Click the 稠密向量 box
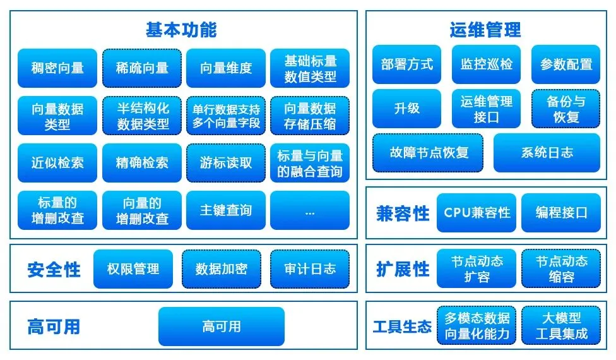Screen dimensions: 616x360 57,68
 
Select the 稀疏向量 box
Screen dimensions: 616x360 142,68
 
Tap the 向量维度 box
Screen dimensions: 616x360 226,68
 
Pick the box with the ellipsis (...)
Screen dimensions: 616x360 310,210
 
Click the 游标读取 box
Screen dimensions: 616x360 226,163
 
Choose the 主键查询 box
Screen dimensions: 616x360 226,210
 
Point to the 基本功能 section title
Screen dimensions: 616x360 181,30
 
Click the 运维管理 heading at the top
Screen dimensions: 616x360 485,30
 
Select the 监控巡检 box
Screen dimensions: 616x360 487,64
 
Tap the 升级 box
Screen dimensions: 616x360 406,109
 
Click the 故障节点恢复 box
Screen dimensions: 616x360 428,153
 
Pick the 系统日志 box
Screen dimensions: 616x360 547,153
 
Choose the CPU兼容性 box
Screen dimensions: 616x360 477,213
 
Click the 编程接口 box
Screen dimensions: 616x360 561,213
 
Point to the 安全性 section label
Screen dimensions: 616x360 54,270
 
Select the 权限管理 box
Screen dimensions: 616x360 133,269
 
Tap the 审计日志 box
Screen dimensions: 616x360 310,269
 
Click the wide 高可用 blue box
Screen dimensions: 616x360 222,327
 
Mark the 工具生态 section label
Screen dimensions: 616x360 402,327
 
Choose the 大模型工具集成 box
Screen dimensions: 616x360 561,326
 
